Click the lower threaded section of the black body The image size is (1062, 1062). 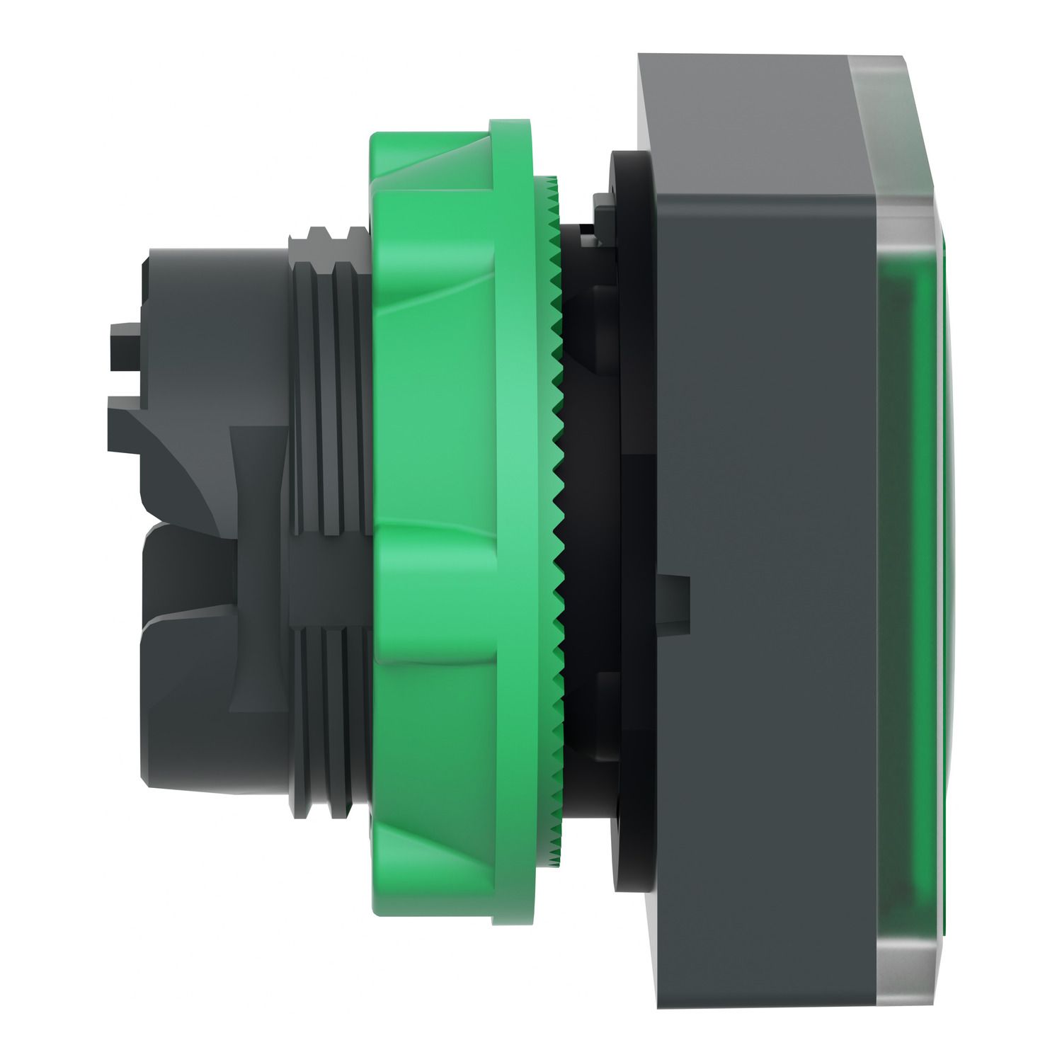click(329, 694)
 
